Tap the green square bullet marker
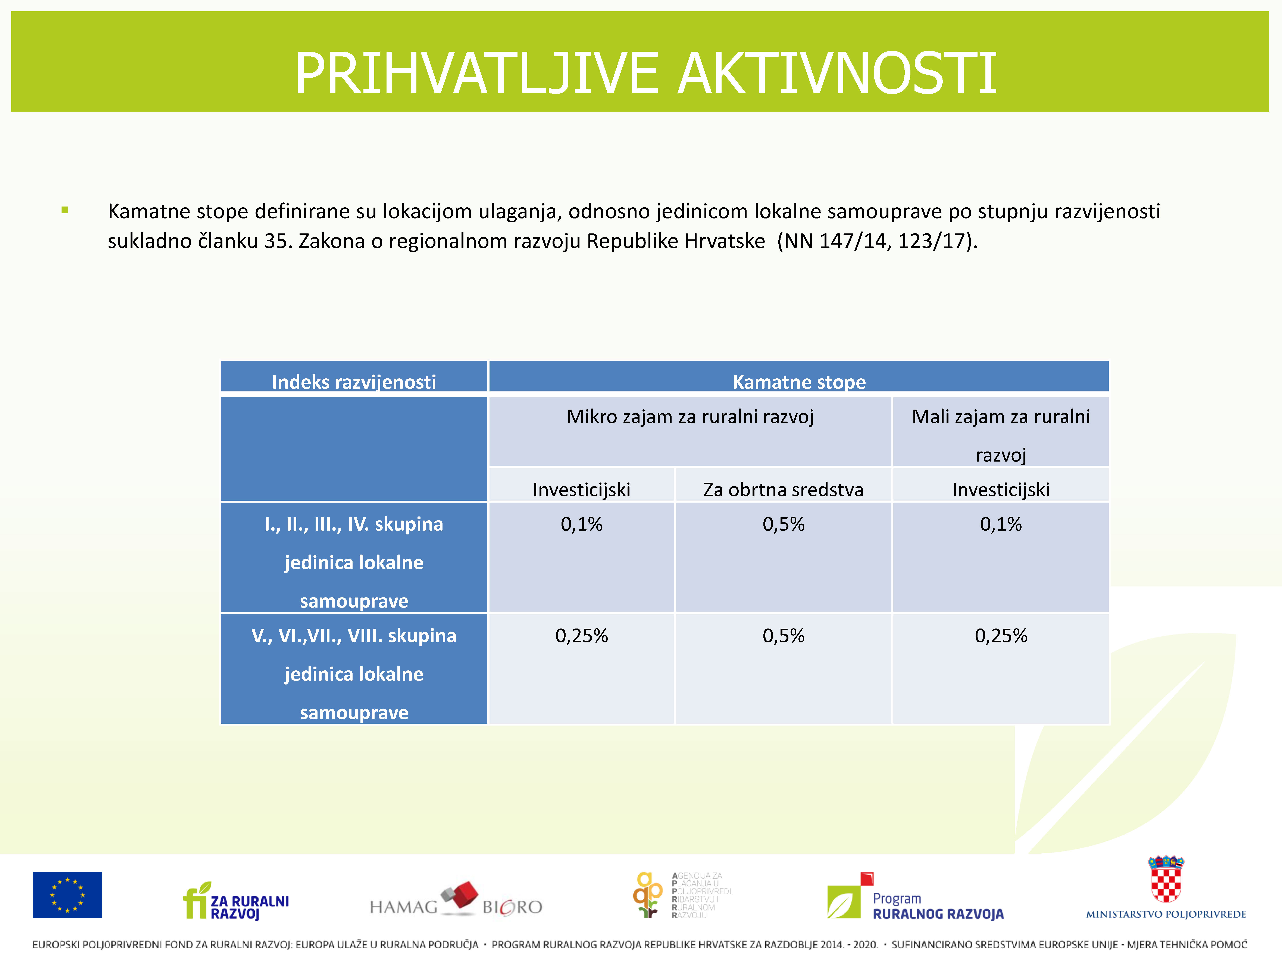point(65,211)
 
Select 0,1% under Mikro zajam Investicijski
point(581,524)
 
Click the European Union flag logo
point(67,895)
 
